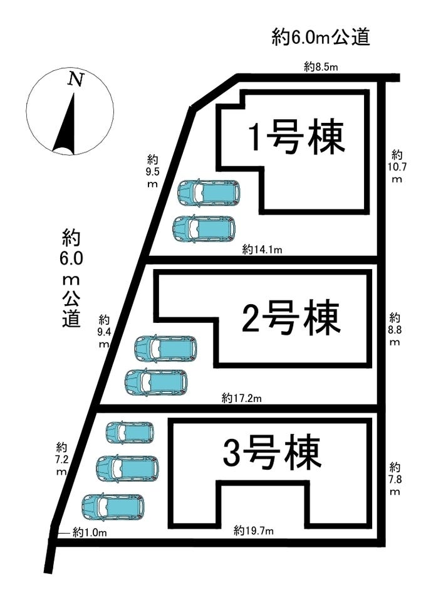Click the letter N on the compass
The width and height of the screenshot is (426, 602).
(76, 80)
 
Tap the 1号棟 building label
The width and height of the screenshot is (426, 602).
(297, 139)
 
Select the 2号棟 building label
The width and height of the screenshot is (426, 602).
(291, 319)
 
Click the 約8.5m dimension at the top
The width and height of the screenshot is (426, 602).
(321, 67)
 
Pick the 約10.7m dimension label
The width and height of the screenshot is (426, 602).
(397, 166)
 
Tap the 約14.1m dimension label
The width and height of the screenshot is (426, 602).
(262, 250)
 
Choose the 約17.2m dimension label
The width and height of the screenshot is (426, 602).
(241, 398)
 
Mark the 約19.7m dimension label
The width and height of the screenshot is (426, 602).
(254, 531)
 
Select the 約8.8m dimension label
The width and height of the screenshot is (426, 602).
(395, 329)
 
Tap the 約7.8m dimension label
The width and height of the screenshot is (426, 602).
(395, 479)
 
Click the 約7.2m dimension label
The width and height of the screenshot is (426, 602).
(61, 459)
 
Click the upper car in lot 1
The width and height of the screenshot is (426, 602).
(209, 193)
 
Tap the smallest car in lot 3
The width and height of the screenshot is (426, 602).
(130, 433)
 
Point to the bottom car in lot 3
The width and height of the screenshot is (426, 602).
(113, 507)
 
